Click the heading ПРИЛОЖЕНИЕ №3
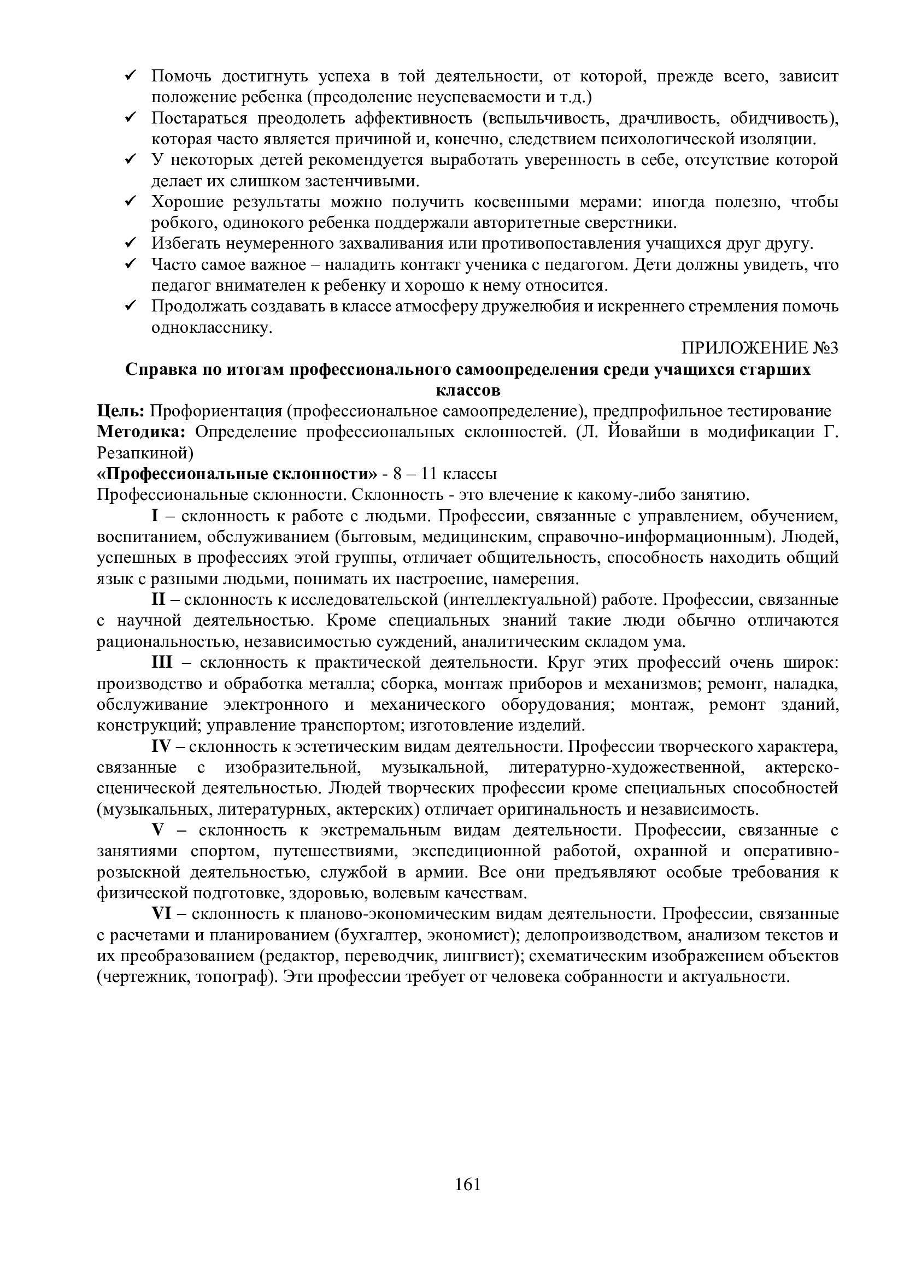[x=759, y=349]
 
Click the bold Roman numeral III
[x=162, y=662]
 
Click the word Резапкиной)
[x=145, y=453]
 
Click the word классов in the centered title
[x=468, y=390]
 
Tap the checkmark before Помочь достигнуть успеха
[x=132, y=75]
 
